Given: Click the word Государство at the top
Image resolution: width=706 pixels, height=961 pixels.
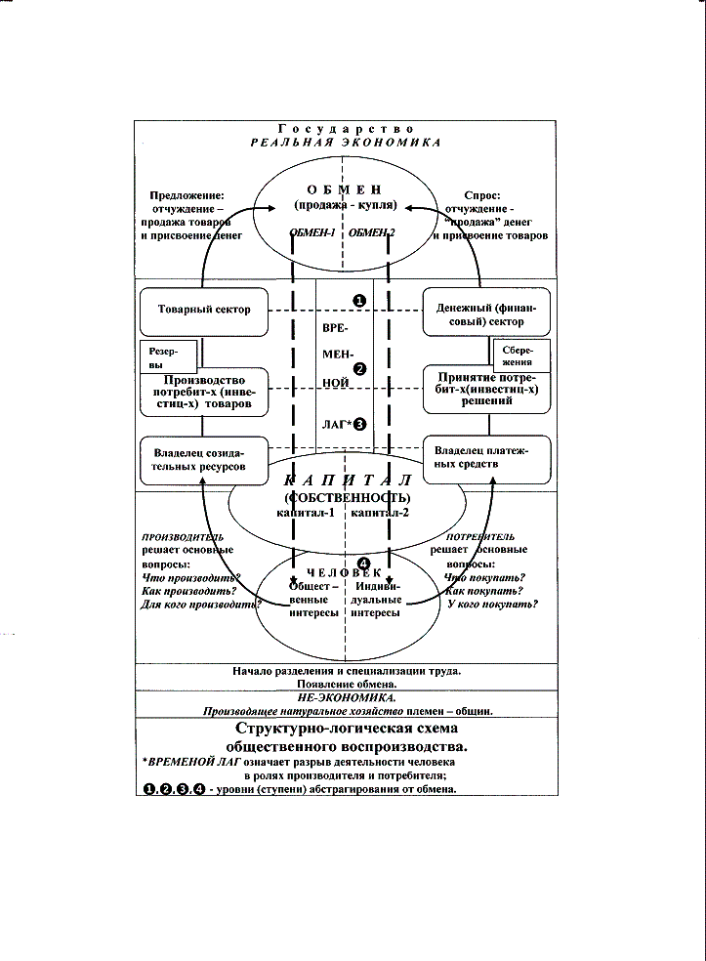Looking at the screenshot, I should pyautogui.click(x=346, y=129).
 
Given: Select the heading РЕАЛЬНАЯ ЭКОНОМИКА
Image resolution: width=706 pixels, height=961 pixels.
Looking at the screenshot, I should pyautogui.click(x=346, y=143).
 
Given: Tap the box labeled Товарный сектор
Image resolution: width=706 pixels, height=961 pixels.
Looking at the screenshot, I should pyautogui.click(x=204, y=310).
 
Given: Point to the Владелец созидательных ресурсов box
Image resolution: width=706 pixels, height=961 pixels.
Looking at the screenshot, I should pyautogui.click(x=204, y=460).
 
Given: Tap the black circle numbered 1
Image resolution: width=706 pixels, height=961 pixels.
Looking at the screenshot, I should pyautogui.click(x=359, y=301).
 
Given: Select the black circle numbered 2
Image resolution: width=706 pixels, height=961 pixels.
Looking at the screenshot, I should pyautogui.click(x=359, y=369).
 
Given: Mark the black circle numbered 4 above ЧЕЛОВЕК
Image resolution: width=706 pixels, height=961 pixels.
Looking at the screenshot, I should pyautogui.click(x=363, y=564).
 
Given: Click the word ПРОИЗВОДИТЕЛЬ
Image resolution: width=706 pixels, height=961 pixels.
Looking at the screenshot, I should pyautogui.click(x=183, y=537).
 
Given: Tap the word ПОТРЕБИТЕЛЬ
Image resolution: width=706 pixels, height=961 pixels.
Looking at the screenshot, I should pyautogui.click(x=480, y=538).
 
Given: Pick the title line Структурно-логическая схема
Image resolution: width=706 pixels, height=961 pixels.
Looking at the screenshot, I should pyautogui.click(x=347, y=730).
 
